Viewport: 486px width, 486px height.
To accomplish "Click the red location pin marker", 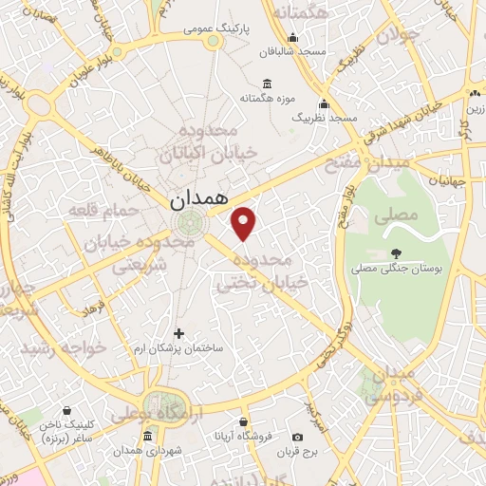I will tap(244, 223).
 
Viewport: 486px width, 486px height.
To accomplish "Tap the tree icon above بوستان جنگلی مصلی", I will tap(396, 253).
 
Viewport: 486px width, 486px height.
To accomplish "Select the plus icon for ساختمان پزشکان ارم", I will tap(179, 333).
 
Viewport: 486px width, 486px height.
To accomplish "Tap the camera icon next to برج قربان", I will tap(298, 437).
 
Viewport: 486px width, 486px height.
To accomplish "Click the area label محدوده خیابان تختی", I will tap(263, 271).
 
